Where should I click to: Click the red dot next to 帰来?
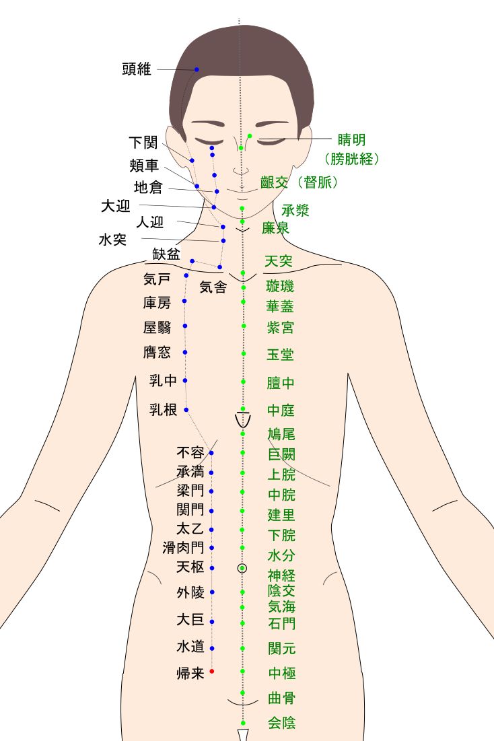[211, 671]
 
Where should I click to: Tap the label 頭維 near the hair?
[137, 69]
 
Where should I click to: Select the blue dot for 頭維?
[197, 70]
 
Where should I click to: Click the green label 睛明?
[351, 140]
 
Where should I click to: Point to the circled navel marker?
[242, 568]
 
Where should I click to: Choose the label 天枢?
[190, 567]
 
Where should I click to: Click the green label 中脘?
[281, 495]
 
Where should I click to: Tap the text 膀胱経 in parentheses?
[352, 160]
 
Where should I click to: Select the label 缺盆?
[166, 254]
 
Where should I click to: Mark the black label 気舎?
[213, 287]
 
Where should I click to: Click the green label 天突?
[279, 261]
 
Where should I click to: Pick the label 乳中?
[163, 381]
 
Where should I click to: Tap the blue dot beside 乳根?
[186, 410]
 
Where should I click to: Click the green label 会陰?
[281, 723]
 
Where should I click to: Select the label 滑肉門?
[183, 548]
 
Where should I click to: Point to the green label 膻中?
[281, 384]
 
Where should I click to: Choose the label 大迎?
[115, 206]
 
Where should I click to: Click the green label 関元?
[281, 649]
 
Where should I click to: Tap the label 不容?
[190, 452]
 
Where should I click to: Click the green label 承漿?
[295, 210]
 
